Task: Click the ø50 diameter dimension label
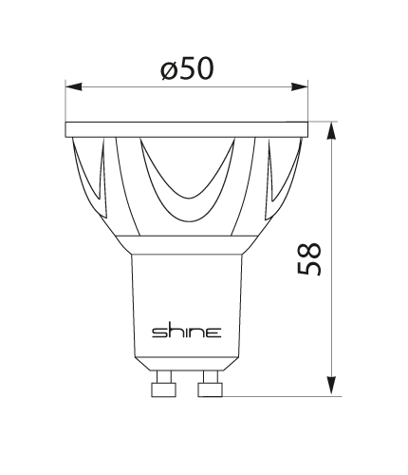(x=187, y=68)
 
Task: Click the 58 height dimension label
(x=309, y=259)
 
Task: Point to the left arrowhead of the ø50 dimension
(x=74, y=86)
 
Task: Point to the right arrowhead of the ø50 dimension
(x=299, y=86)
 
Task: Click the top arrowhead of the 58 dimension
(x=331, y=130)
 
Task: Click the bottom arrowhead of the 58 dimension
(x=331, y=386)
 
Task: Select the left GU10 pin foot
(x=164, y=389)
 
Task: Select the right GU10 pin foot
(x=211, y=389)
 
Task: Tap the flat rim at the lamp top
(x=187, y=129)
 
